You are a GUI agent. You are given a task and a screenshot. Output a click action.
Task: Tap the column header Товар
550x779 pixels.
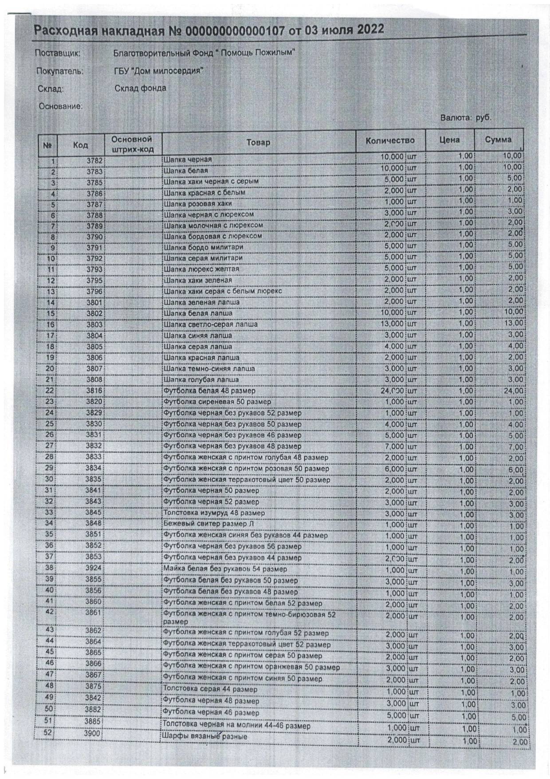(259, 142)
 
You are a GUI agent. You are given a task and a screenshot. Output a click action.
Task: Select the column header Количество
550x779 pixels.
(390, 141)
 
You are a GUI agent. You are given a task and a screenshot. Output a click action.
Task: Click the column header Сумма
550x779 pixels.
(498, 140)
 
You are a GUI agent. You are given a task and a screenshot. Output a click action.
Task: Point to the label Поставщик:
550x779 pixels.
(58, 53)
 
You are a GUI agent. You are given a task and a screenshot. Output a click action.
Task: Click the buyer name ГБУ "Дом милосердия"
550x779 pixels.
(158, 71)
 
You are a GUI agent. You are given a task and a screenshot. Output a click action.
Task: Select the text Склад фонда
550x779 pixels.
(140, 88)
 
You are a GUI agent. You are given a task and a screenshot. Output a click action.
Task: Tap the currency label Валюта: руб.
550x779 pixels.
(466, 118)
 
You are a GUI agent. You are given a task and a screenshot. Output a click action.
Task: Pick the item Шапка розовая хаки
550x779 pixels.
(198, 204)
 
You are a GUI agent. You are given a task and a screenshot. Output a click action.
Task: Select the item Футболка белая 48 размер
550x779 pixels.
(209, 391)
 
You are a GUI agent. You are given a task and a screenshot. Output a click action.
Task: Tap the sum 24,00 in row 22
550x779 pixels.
(512, 391)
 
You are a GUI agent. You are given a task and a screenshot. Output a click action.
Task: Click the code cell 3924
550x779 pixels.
(94, 568)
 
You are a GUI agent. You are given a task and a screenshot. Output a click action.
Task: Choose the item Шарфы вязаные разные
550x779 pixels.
(205, 736)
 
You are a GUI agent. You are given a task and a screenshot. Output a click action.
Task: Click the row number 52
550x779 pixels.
(47, 733)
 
